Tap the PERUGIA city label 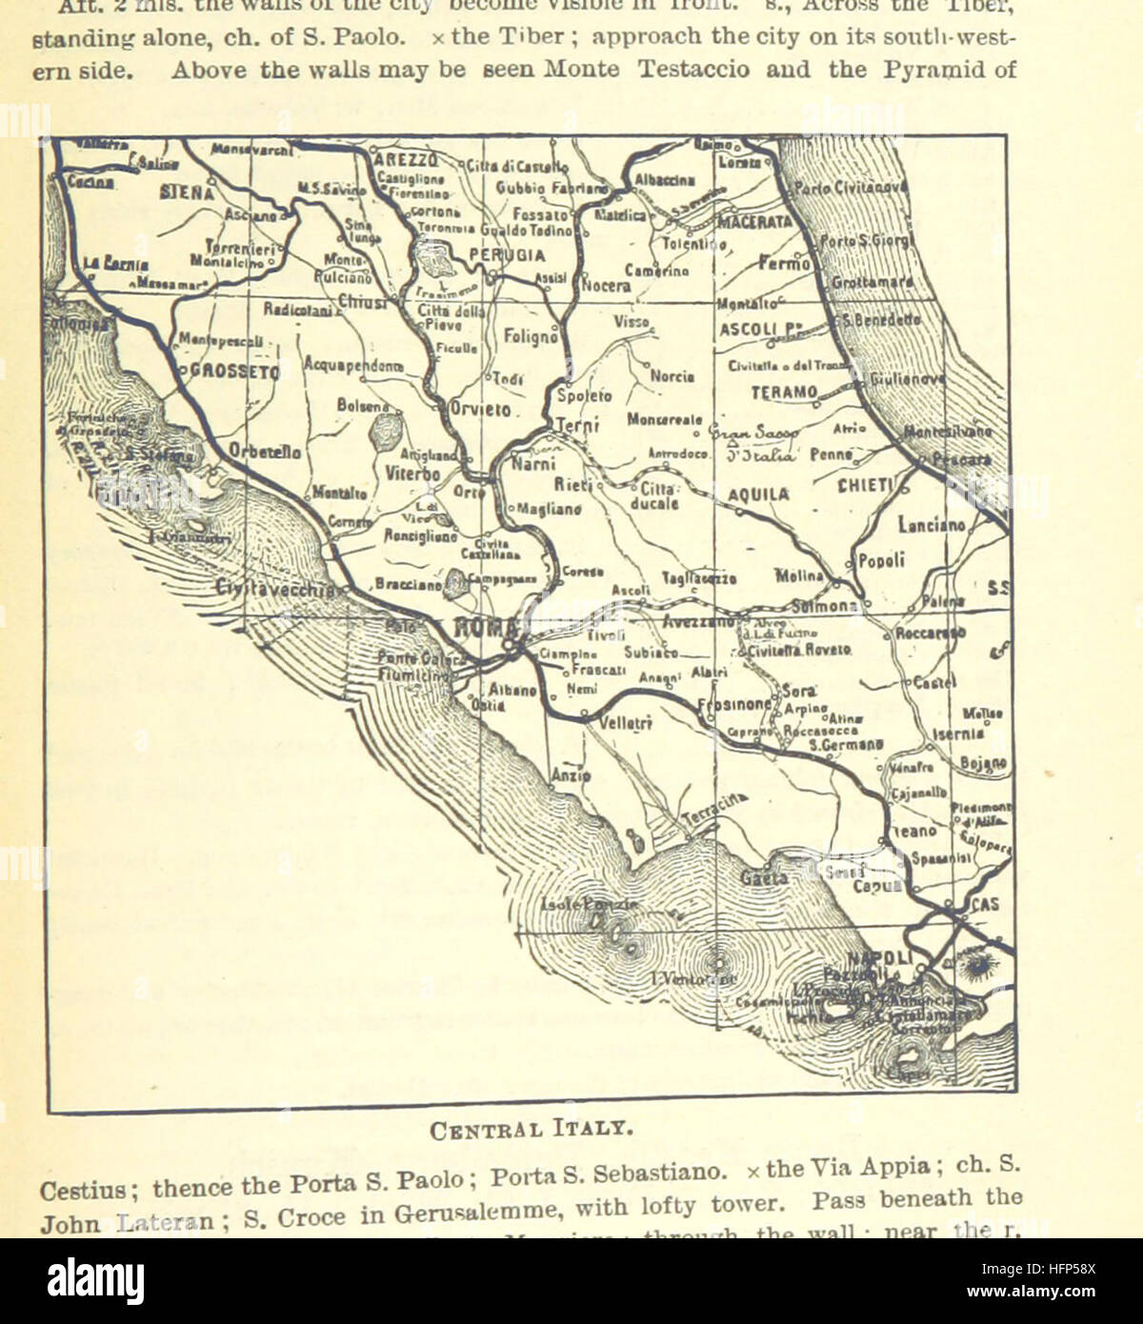[507, 255]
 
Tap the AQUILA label [758, 494]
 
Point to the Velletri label [626, 724]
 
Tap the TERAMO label [784, 392]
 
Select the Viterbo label [413, 473]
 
